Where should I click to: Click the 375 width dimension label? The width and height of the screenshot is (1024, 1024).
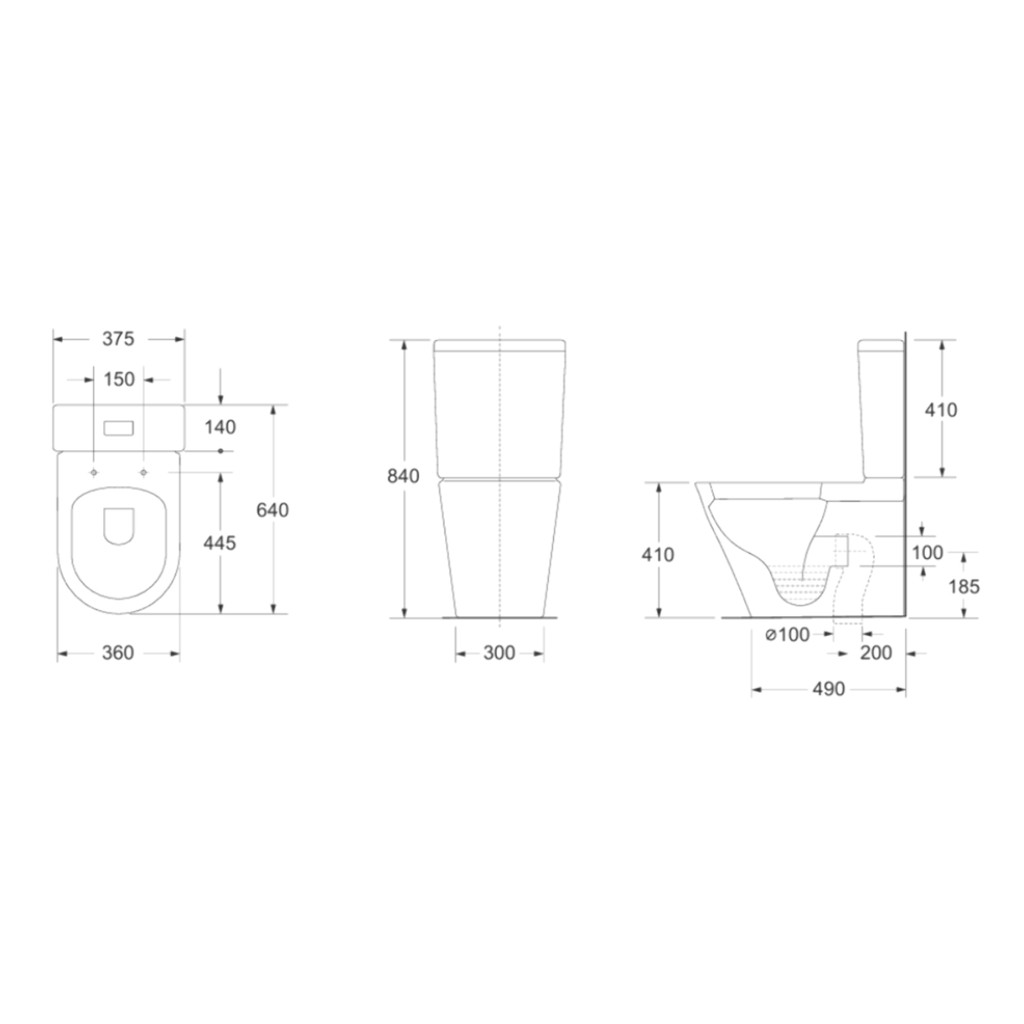point(118,339)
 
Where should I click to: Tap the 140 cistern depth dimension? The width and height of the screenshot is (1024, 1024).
point(220,427)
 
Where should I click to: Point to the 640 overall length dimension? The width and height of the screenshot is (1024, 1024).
point(272,510)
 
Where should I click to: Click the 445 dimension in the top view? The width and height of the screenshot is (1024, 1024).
point(219,542)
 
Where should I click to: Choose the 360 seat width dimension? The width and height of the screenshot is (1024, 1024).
point(117,653)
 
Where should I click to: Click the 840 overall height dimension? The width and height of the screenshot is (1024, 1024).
point(403,476)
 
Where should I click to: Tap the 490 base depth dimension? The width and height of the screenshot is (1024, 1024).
point(828,689)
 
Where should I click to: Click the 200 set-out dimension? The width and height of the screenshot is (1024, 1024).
point(875,653)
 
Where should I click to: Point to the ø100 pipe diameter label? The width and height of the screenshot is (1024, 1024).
point(787,634)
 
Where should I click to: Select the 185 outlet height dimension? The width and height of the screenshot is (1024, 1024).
point(963,586)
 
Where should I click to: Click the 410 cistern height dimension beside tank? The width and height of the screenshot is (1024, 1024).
point(941,409)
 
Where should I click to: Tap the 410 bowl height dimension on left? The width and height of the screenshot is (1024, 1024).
point(658,554)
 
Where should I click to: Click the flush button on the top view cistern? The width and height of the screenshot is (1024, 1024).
point(118,428)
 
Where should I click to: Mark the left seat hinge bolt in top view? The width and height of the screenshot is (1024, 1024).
point(94,472)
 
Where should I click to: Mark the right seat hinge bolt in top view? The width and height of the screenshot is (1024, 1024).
point(143,472)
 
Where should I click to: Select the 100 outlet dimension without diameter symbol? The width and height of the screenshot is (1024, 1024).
point(927,553)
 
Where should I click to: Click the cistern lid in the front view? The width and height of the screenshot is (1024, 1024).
point(499,345)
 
